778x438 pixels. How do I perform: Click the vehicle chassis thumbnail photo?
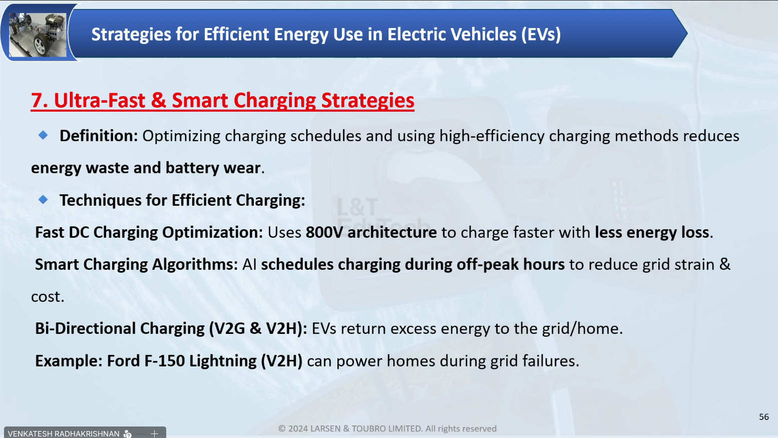(x=38, y=35)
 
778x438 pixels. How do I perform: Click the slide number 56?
(x=764, y=417)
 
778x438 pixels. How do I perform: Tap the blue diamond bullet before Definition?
(x=43, y=135)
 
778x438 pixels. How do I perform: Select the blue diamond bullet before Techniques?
(x=43, y=199)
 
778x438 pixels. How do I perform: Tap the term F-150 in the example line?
(x=164, y=360)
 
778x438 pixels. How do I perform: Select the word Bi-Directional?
(x=86, y=328)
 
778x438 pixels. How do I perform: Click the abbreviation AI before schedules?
(x=249, y=265)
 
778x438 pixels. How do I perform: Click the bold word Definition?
(x=99, y=136)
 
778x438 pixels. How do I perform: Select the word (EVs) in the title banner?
(x=541, y=35)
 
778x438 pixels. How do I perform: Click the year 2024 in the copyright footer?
(x=298, y=428)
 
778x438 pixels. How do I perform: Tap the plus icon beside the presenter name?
(x=154, y=433)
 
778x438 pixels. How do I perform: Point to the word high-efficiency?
(x=492, y=136)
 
